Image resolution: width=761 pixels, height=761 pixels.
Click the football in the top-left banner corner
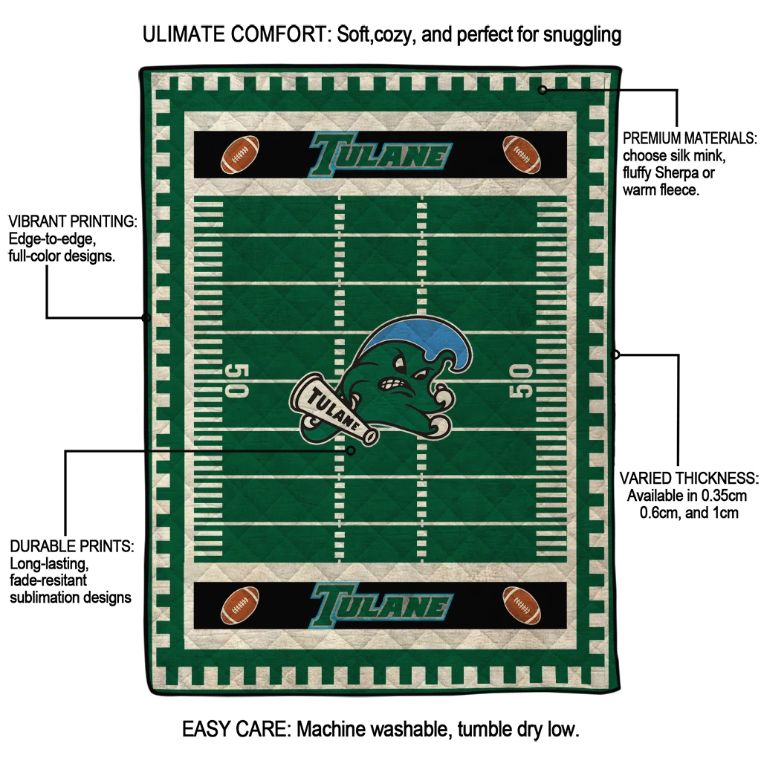pyautogui.click(x=239, y=154)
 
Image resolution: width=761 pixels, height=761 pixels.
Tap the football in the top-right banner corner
pyautogui.click(x=521, y=154)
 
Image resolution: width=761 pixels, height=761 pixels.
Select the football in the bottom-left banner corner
pyautogui.click(x=239, y=605)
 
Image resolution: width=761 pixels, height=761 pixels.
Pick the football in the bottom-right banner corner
pyautogui.click(x=521, y=605)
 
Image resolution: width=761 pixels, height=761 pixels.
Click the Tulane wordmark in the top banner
pyautogui.click(x=380, y=155)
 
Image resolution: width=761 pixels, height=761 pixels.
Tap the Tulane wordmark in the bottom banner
pyautogui.click(x=380, y=603)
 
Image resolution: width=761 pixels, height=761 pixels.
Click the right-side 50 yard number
pyautogui.click(x=522, y=380)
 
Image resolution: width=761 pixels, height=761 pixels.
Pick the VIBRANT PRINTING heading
pyautogui.click(x=72, y=221)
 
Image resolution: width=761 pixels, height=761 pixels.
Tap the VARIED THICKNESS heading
pyautogui.click(x=689, y=478)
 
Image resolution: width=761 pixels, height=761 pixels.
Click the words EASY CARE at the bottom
pyautogui.click(x=236, y=729)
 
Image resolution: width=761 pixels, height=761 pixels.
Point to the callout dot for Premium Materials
pyautogui.click(x=543, y=90)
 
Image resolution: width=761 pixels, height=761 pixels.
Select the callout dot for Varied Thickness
pyautogui.click(x=615, y=354)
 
